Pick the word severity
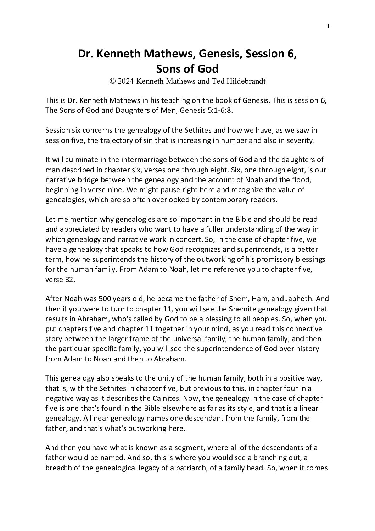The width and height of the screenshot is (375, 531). coord(300,140)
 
